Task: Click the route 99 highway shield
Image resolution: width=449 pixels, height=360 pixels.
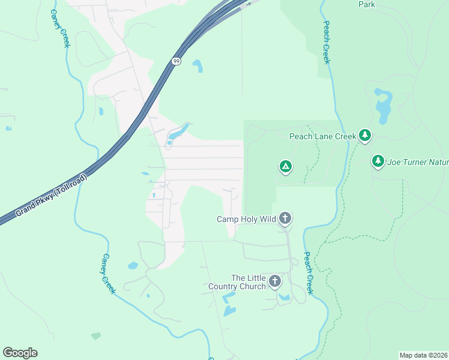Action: [x=175, y=62]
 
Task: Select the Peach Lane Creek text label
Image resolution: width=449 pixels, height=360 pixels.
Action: [x=323, y=136]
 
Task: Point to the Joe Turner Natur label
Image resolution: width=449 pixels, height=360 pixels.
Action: [x=418, y=162]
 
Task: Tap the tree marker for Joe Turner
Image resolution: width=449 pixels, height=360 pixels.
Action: [x=378, y=161]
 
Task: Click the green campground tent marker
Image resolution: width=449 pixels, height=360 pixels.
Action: [x=286, y=166]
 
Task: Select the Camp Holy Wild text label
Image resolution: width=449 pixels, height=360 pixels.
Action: [x=246, y=219]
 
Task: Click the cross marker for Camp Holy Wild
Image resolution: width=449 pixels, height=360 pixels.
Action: [x=285, y=218]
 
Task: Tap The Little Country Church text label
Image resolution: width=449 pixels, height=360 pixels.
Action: [x=249, y=282]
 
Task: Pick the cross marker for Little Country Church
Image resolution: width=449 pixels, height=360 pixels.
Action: [x=275, y=281]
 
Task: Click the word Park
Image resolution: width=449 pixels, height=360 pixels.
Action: [x=366, y=5]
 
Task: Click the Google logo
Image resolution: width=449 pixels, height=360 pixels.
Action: [x=20, y=353]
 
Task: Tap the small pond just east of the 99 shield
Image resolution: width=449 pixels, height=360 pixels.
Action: [x=197, y=65]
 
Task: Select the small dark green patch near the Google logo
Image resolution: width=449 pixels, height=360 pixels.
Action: [x=96, y=336]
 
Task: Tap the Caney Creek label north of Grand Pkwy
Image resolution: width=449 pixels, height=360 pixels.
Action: [x=59, y=28]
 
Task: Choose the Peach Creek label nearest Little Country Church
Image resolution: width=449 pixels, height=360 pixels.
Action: [x=308, y=273]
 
